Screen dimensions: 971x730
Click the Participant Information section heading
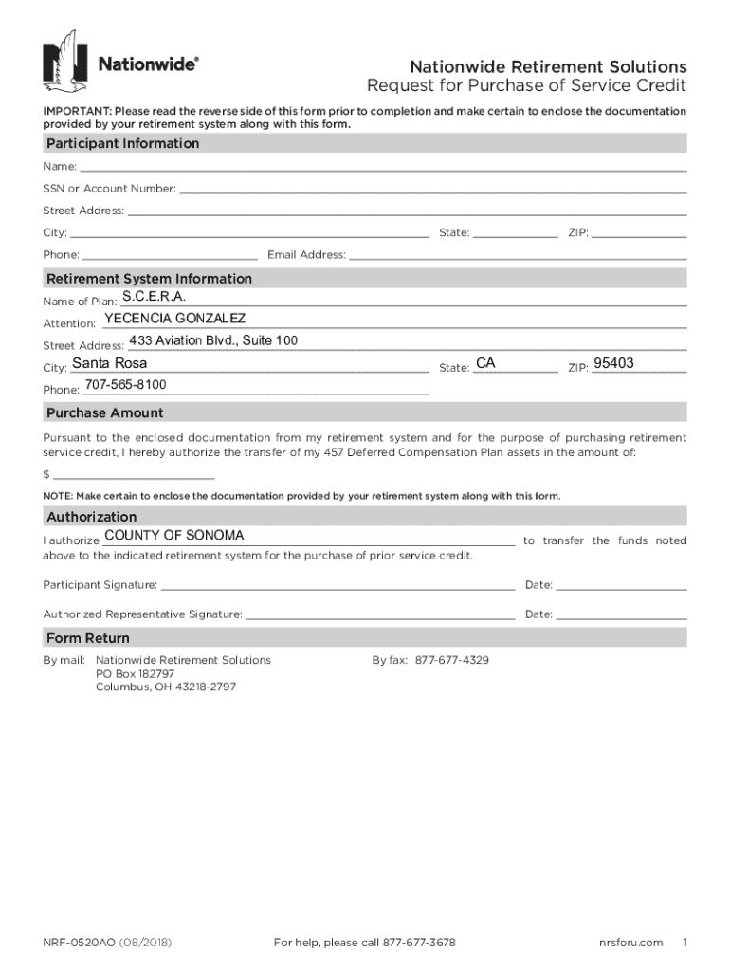(x=123, y=143)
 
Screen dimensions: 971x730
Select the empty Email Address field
(x=518, y=253)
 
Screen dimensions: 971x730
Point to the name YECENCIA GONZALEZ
(x=174, y=319)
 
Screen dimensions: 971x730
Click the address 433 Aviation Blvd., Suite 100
(x=213, y=341)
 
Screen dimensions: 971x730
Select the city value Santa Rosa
(x=110, y=364)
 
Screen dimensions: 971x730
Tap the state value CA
(x=485, y=364)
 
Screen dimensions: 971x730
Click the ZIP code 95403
(x=613, y=364)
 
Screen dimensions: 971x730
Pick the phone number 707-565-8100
(x=125, y=385)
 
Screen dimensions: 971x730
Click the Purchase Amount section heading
(x=105, y=412)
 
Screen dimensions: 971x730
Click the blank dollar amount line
(x=133, y=474)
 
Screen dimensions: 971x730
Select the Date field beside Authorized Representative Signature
(x=621, y=614)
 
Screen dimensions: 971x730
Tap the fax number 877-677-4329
(x=452, y=660)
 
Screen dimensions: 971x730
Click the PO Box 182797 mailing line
(x=135, y=673)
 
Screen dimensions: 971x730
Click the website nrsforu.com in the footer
(x=630, y=943)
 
